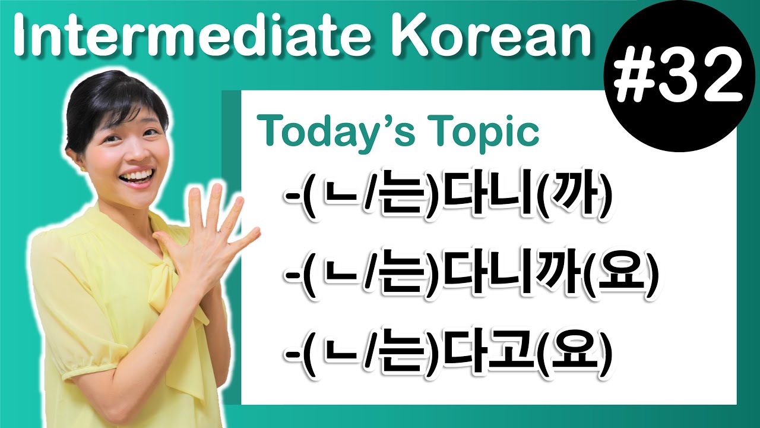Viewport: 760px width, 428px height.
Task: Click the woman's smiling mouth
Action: (x=137, y=177)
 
